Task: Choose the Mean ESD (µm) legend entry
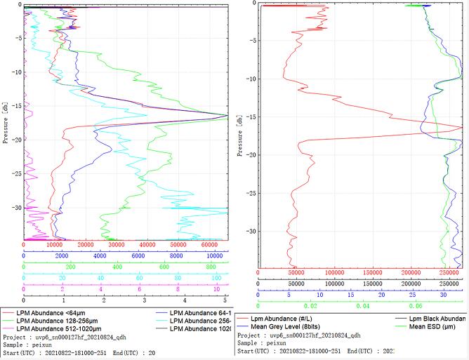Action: pos(436,326)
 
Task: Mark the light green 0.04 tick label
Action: pos(362,306)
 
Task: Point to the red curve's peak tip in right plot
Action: pos(463,127)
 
